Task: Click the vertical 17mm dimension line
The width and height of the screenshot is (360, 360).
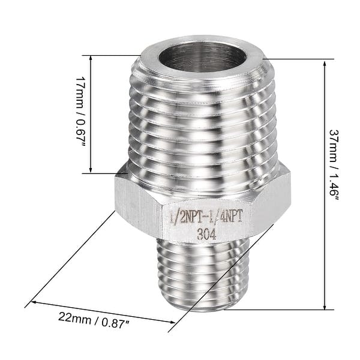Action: click(91, 114)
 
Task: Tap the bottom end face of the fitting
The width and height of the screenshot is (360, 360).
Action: click(202, 307)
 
